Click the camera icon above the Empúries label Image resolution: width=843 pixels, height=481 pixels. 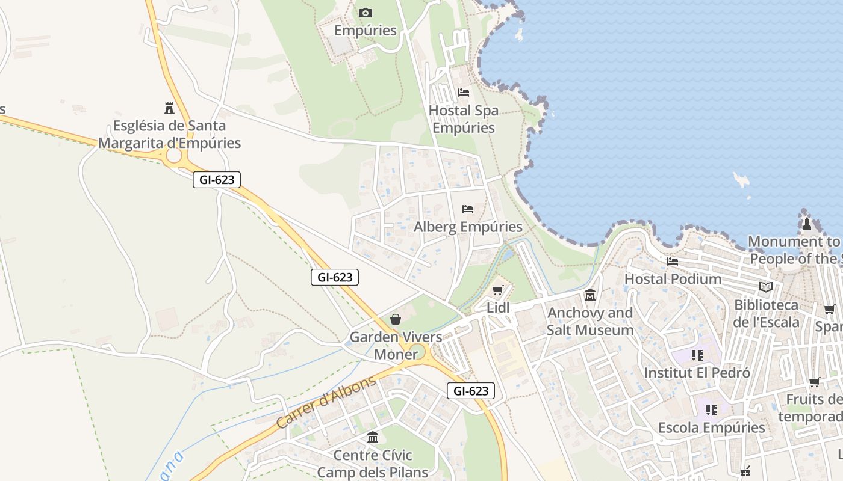(365, 13)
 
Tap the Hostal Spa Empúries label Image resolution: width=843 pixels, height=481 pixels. (463, 119)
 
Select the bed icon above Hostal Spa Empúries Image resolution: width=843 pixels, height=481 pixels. (464, 92)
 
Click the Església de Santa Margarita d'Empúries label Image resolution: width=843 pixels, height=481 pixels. (169, 134)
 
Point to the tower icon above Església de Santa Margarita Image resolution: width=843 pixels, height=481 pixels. (169, 108)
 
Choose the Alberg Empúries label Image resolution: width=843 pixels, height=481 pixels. (468, 227)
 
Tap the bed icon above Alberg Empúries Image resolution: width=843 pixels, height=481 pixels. (467, 209)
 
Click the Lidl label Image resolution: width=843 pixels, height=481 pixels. (498, 308)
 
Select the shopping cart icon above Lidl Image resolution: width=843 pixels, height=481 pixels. (497, 290)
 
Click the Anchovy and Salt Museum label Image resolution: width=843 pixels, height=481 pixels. (590, 321)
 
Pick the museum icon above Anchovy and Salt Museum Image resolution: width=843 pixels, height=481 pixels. (589, 295)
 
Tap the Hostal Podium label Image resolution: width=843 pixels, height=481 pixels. (673, 279)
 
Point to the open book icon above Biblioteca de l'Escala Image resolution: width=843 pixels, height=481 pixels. (765, 287)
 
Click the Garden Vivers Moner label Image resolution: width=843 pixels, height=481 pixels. (396, 345)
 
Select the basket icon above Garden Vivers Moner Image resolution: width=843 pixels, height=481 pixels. (395, 319)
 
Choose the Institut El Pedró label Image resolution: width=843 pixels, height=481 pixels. (697, 373)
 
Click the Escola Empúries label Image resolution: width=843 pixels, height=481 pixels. (711, 427)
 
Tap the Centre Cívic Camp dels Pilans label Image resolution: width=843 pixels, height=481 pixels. (372, 464)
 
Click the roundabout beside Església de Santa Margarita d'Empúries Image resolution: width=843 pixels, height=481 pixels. (173, 156)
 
